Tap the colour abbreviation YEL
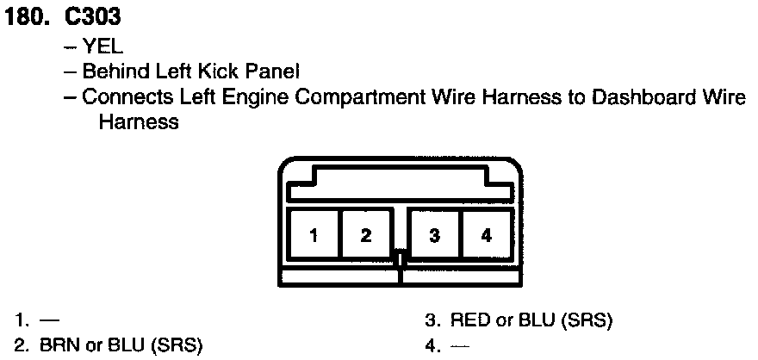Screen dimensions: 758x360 pyautogui.click(x=105, y=47)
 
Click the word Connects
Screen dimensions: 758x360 pyautogui.click(x=120, y=97)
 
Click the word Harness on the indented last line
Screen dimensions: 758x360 pyautogui.click(x=139, y=122)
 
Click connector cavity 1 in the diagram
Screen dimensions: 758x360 pyautogui.click(x=314, y=235)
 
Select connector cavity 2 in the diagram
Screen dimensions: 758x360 pyautogui.click(x=366, y=235)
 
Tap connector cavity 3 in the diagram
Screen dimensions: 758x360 pyautogui.click(x=435, y=235)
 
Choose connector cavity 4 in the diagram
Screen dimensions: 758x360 pyautogui.click(x=487, y=235)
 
